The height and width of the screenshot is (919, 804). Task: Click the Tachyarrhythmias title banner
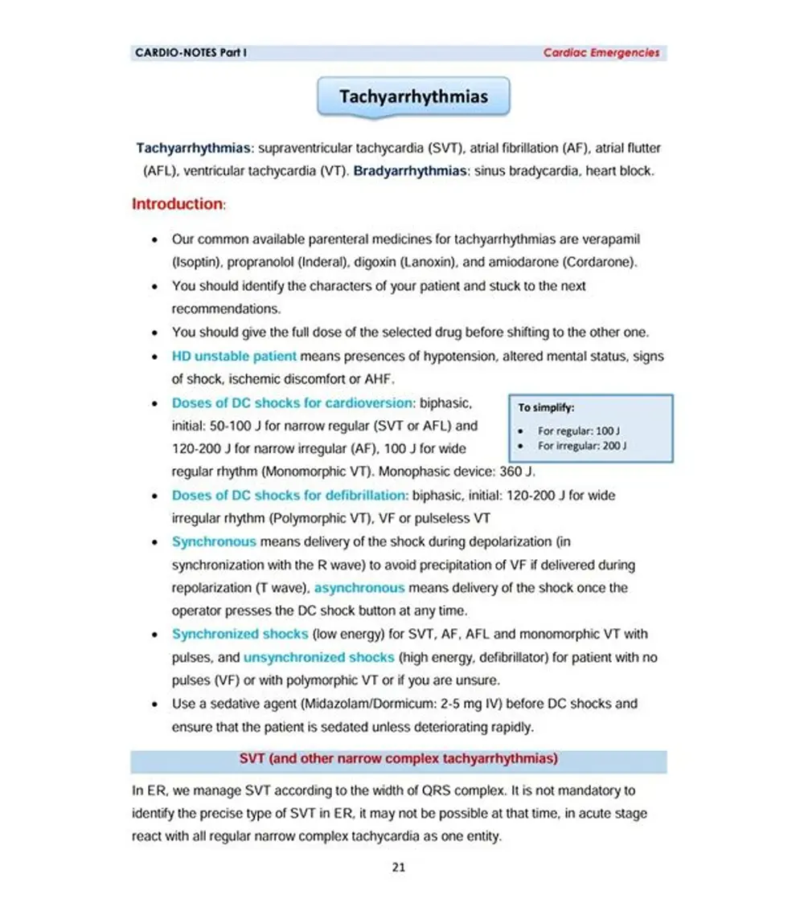pyautogui.click(x=413, y=97)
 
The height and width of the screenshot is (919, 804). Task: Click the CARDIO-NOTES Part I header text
pyautogui.click(x=191, y=53)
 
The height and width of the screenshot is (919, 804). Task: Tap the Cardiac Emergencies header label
pyautogui.click(x=601, y=53)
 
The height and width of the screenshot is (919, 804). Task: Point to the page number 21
pyautogui.click(x=399, y=867)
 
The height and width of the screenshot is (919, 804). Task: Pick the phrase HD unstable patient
pyautogui.click(x=234, y=356)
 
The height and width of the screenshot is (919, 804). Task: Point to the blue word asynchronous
pyautogui.click(x=359, y=588)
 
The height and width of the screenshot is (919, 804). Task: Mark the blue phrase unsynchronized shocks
pyautogui.click(x=318, y=657)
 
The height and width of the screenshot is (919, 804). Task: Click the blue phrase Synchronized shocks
pyautogui.click(x=238, y=635)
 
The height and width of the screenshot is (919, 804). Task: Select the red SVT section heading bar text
pyautogui.click(x=399, y=759)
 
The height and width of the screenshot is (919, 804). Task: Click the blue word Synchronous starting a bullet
pyautogui.click(x=214, y=542)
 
